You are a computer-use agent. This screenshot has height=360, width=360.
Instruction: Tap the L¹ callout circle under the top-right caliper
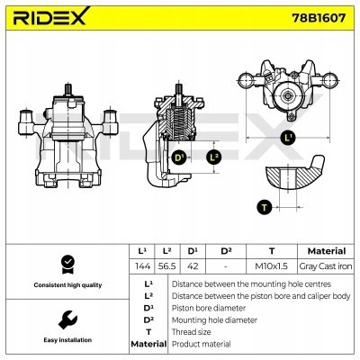pyautogui.click(x=288, y=138)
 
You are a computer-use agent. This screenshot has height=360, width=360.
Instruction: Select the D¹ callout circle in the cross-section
pyautogui.click(x=179, y=157)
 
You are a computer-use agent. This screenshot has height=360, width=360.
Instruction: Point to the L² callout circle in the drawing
pyautogui.click(x=212, y=157)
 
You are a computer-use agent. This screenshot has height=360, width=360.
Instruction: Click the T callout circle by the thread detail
pyautogui.click(x=264, y=206)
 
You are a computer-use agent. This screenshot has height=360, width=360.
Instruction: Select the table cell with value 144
pyautogui.click(x=141, y=266)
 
